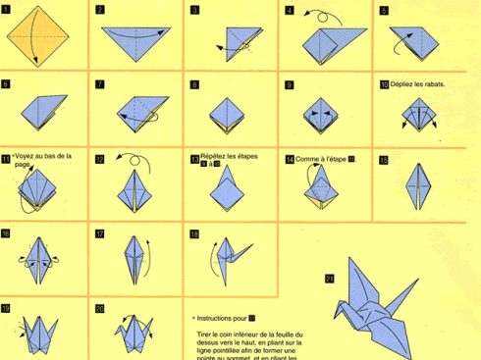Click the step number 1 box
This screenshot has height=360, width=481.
pyautogui.click(x=6, y=10)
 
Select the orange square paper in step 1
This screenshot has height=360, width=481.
pyautogui.click(x=35, y=34)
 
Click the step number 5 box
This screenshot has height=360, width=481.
pyautogui.click(x=384, y=10)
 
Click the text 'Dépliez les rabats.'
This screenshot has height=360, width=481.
pyautogui.click(x=419, y=84)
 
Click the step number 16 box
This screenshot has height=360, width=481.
pyautogui.click(x=6, y=232)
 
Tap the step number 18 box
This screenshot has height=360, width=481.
pyautogui.click(x=194, y=233)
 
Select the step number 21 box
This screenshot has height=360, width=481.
pyautogui.click(x=329, y=278)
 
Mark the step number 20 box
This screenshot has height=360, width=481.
pyautogui.click(x=100, y=308)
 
